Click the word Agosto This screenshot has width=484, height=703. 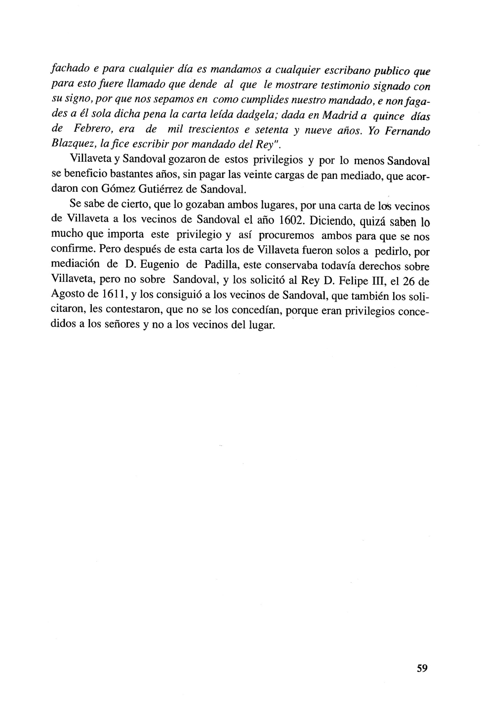69,295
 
